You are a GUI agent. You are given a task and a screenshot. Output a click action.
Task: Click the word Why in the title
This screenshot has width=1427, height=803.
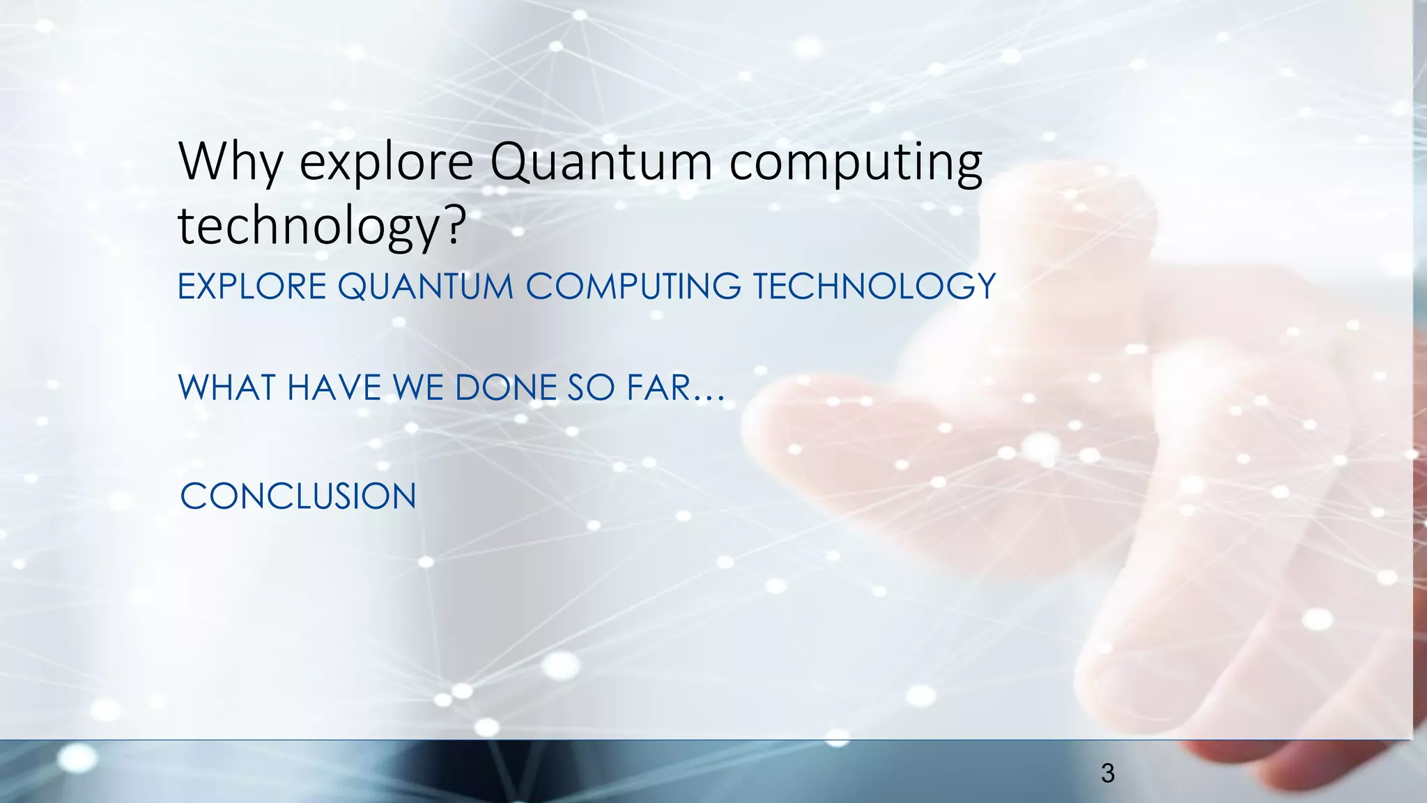click(x=230, y=162)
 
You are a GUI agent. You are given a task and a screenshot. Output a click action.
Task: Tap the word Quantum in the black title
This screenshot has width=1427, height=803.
click(x=601, y=162)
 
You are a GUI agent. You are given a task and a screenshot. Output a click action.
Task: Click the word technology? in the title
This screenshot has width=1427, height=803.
click(x=321, y=227)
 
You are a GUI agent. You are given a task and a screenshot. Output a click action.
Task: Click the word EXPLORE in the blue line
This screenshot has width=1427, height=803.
click(x=252, y=286)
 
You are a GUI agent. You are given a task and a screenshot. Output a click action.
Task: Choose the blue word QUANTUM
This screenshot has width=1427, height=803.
click(x=425, y=286)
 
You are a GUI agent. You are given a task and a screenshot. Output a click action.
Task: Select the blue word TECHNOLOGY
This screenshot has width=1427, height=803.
click(x=874, y=286)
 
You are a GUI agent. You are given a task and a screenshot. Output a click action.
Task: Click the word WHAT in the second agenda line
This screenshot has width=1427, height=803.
click(x=227, y=388)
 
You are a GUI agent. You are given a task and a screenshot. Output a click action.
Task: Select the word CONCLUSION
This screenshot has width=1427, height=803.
click(x=298, y=496)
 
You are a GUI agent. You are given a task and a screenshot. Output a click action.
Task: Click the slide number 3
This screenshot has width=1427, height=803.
click(x=1107, y=773)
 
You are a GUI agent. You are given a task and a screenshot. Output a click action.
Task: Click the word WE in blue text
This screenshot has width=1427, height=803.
click(x=418, y=388)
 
